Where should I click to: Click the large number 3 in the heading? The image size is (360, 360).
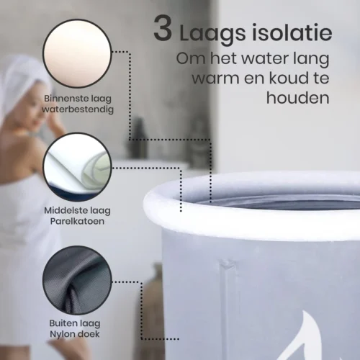pyautogui.click(x=163, y=29)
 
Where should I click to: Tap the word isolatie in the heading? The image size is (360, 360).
pyautogui.click(x=292, y=32)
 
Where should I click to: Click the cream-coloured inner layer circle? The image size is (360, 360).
pyautogui.click(x=77, y=53)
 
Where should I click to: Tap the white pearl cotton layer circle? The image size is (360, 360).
pyautogui.click(x=77, y=167)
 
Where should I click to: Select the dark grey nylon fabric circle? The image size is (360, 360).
pyautogui.click(x=77, y=280)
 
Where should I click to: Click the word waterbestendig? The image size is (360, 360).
pyautogui.click(x=78, y=109)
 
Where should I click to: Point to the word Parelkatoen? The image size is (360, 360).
pyautogui.click(x=77, y=221)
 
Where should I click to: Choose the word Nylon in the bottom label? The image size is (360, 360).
pyautogui.click(x=61, y=334)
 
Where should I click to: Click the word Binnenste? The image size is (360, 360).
pyautogui.click(x=63, y=99)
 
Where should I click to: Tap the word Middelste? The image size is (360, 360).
pyautogui.click(x=63, y=210)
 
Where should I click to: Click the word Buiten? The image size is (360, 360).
pyautogui.click(x=61, y=323)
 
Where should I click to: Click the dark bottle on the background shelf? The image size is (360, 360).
pyautogui.click(x=138, y=138)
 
